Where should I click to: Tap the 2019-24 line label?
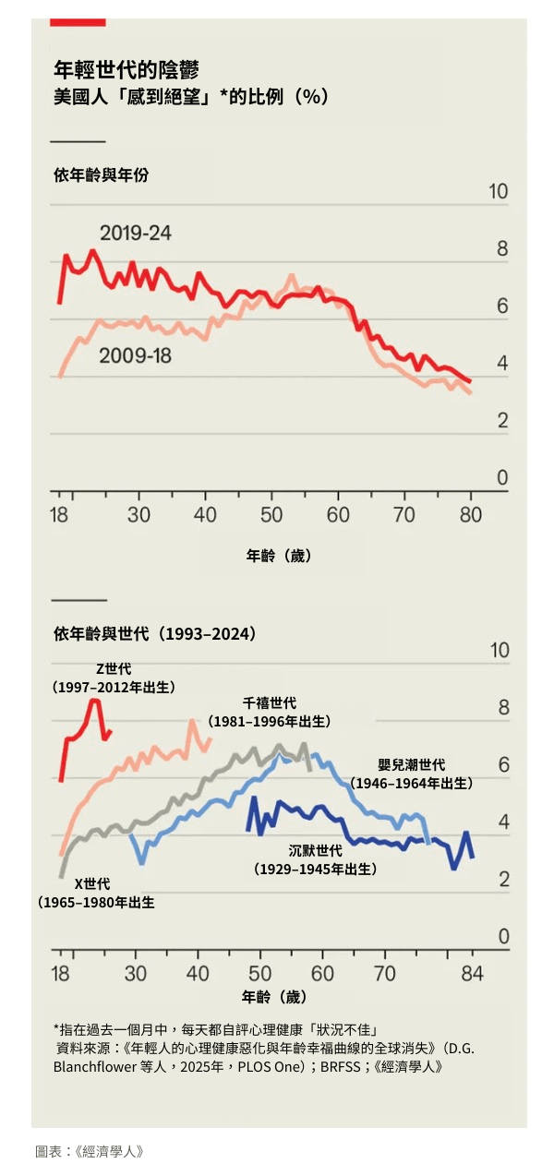pos(136,233)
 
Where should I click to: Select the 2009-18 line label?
pos(135,354)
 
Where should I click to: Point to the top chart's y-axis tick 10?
pos(498,192)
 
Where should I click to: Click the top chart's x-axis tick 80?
pos(471,514)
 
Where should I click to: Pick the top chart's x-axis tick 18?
pos(59,514)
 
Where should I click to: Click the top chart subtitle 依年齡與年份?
pos(101,175)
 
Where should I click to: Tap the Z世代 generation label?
pos(114,669)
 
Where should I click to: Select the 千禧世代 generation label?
pos(270,703)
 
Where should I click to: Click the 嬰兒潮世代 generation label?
pos(412,765)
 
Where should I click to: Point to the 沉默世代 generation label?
pos(315,851)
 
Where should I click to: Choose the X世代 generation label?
pos(92,884)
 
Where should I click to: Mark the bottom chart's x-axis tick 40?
pos(198,973)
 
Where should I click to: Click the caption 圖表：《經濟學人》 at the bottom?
pos(90,1151)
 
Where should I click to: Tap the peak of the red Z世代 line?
pos(93,701)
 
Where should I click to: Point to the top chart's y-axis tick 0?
pos(502,478)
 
